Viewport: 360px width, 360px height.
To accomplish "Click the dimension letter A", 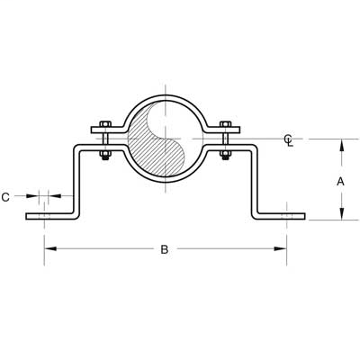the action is click(x=340, y=180).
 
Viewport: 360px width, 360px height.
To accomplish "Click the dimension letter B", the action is click(x=165, y=249).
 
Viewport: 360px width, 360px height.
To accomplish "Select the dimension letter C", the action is click(x=7, y=194).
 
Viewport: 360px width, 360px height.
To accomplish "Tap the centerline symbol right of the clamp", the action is click(x=287, y=139).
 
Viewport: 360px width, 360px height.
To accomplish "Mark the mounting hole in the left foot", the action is click(x=44, y=216).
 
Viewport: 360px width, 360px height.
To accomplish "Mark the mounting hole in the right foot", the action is click(x=286, y=216).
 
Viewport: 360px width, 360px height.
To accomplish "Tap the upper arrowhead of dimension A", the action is click(x=340, y=143).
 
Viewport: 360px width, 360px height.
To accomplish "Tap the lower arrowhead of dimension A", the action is click(x=340, y=214).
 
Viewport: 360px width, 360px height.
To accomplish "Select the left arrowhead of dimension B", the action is click(x=48, y=249).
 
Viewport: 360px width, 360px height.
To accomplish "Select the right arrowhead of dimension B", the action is click(x=283, y=249).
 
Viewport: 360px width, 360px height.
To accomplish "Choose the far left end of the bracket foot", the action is click(x=28, y=216).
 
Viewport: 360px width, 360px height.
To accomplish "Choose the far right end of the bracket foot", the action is click(x=304, y=216).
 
